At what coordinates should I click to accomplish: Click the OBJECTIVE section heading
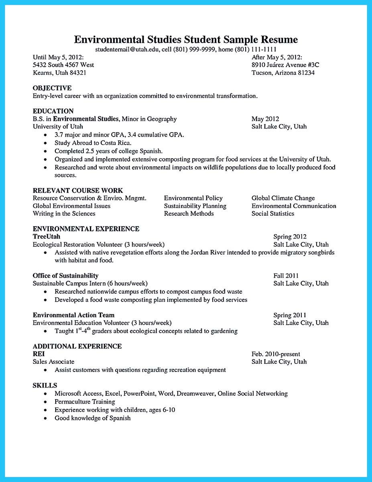tap(52, 88)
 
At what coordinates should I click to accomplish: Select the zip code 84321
tap(77, 73)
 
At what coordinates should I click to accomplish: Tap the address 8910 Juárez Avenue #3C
tap(285, 65)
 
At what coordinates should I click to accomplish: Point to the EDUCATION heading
tap(53, 111)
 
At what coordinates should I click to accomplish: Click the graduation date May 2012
tap(265, 119)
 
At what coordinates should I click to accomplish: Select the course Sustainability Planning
tap(195, 206)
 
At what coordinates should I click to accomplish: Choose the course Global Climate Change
tap(283, 198)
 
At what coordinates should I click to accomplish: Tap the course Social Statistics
tap(273, 214)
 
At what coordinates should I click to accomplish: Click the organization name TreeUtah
tap(46, 237)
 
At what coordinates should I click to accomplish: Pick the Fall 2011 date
tap(286, 276)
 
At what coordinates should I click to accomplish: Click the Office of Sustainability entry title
tap(65, 276)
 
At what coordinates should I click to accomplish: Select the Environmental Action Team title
tap(73, 315)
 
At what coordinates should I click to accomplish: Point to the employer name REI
tap(39, 354)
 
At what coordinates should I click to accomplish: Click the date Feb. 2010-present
tap(276, 354)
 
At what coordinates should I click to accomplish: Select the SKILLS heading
tap(45, 386)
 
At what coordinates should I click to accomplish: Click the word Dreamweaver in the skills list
tap(195, 394)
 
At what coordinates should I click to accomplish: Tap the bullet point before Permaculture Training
tap(46, 402)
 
